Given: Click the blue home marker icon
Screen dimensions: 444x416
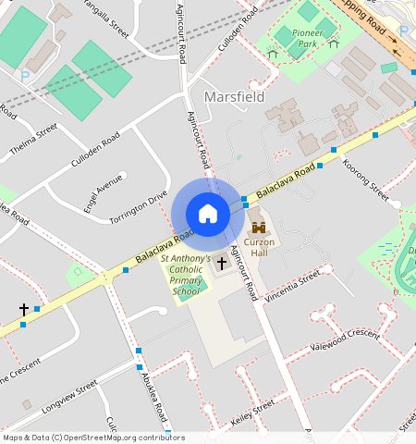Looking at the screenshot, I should [208, 214].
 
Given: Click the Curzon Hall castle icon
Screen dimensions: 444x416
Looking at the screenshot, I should [259, 228].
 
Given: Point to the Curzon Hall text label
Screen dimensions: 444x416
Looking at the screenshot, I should [259, 247].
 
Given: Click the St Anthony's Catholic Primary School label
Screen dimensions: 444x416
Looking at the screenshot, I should [186, 276].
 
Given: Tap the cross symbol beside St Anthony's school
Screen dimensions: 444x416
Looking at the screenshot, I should [221, 264].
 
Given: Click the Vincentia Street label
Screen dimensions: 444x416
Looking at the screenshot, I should [292, 285].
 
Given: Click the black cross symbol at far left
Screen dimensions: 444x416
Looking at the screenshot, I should [23, 310].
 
